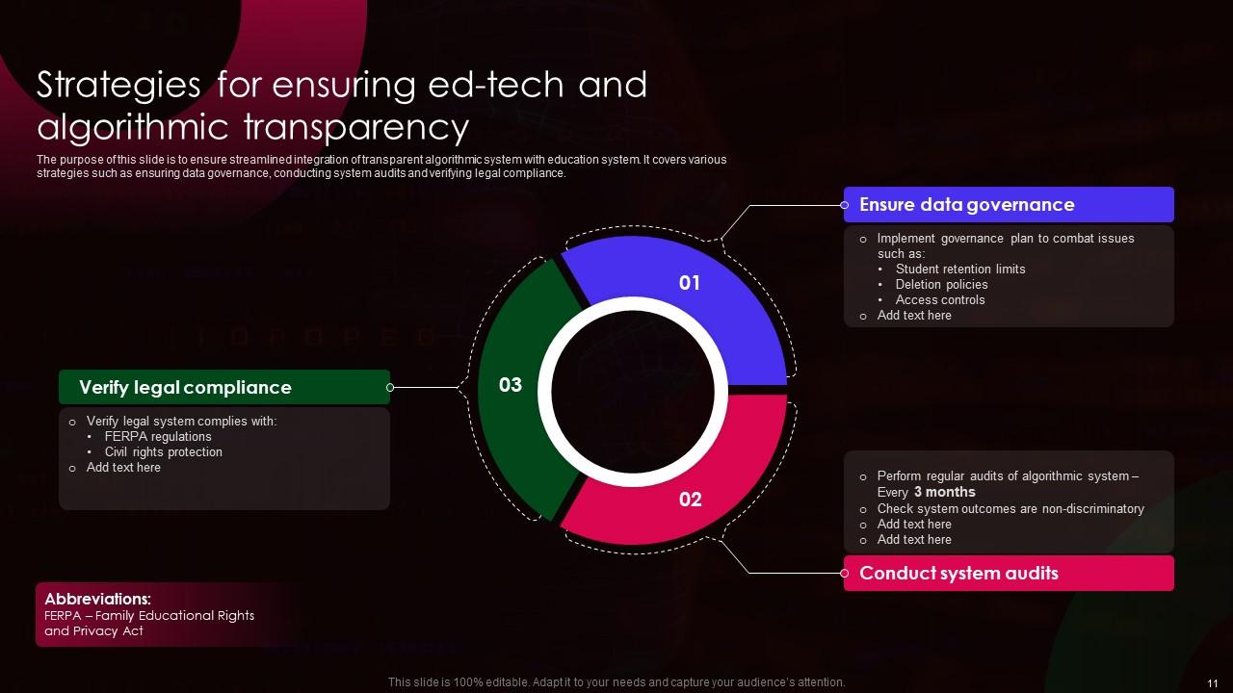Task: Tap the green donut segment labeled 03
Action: [x=511, y=386]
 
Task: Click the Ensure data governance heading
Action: [x=966, y=204]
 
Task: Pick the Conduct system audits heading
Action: [x=958, y=573]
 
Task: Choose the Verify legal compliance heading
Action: [x=185, y=387]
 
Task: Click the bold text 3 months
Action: [x=944, y=492]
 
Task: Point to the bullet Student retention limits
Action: [x=959, y=269]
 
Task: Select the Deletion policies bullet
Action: [x=941, y=284]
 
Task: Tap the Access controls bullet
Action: [x=939, y=299]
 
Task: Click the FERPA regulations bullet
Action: [x=158, y=436]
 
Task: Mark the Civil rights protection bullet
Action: [x=163, y=451]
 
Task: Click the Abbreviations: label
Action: [x=97, y=599]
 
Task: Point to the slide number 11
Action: [x=1213, y=682]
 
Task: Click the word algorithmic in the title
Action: [x=133, y=127]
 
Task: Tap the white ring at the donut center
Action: [x=633, y=308]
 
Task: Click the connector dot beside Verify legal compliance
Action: [x=390, y=387]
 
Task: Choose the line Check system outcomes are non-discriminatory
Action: [x=1010, y=508]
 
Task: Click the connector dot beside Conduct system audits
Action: [x=845, y=573]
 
